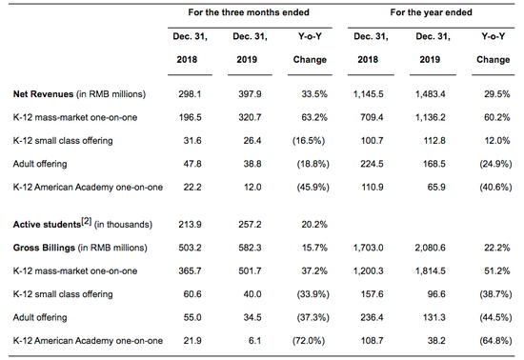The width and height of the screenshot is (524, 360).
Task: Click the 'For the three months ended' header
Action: tap(249, 12)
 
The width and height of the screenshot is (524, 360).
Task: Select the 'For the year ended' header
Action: tap(431, 12)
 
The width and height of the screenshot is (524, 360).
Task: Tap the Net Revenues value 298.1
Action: tap(190, 94)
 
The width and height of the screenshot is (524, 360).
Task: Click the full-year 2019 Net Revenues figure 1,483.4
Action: tap(430, 94)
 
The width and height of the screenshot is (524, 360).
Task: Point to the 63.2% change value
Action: tap(314, 117)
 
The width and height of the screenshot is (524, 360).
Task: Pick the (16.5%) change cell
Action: tap(309, 141)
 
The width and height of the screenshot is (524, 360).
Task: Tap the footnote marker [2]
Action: tap(86, 221)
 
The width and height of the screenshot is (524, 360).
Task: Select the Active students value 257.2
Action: tap(250, 225)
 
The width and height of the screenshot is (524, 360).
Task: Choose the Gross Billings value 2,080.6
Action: tap(430, 248)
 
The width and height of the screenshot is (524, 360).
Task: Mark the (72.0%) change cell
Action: tap(309, 341)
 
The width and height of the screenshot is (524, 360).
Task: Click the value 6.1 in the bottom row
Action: tap(254, 341)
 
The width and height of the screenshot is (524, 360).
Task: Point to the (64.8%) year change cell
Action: tap(495, 341)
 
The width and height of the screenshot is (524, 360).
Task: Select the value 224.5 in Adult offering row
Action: tap(372, 164)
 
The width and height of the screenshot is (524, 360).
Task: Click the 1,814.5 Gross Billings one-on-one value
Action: tap(430, 270)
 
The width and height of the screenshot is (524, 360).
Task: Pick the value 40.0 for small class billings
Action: tap(252, 294)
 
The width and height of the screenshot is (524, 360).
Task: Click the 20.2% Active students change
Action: tap(314, 225)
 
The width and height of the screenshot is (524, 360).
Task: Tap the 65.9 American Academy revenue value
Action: tap(436, 188)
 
